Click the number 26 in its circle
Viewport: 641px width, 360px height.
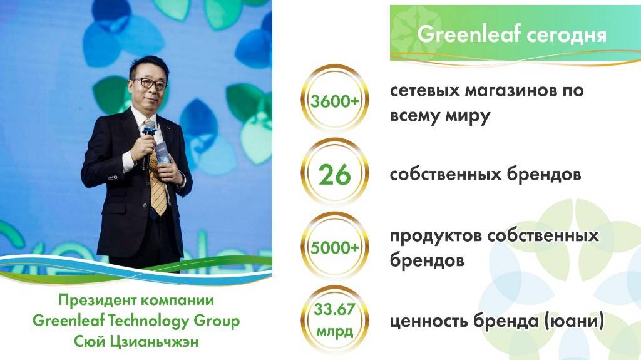(335, 175)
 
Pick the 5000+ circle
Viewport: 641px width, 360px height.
(335, 246)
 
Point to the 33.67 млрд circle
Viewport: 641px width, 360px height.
(335, 321)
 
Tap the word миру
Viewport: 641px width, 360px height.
(468, 116)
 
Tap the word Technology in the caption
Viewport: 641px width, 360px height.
(149, 321)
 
